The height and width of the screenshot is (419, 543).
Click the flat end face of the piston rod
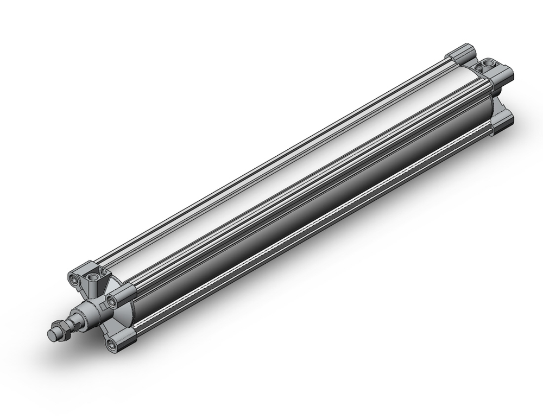click(x=53, y=334)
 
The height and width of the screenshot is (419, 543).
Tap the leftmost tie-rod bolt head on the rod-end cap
click(x=74, y=280)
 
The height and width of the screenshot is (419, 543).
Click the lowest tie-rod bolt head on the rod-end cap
click(x=112, y=343)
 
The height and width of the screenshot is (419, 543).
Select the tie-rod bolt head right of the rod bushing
click(x=113, y=300)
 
